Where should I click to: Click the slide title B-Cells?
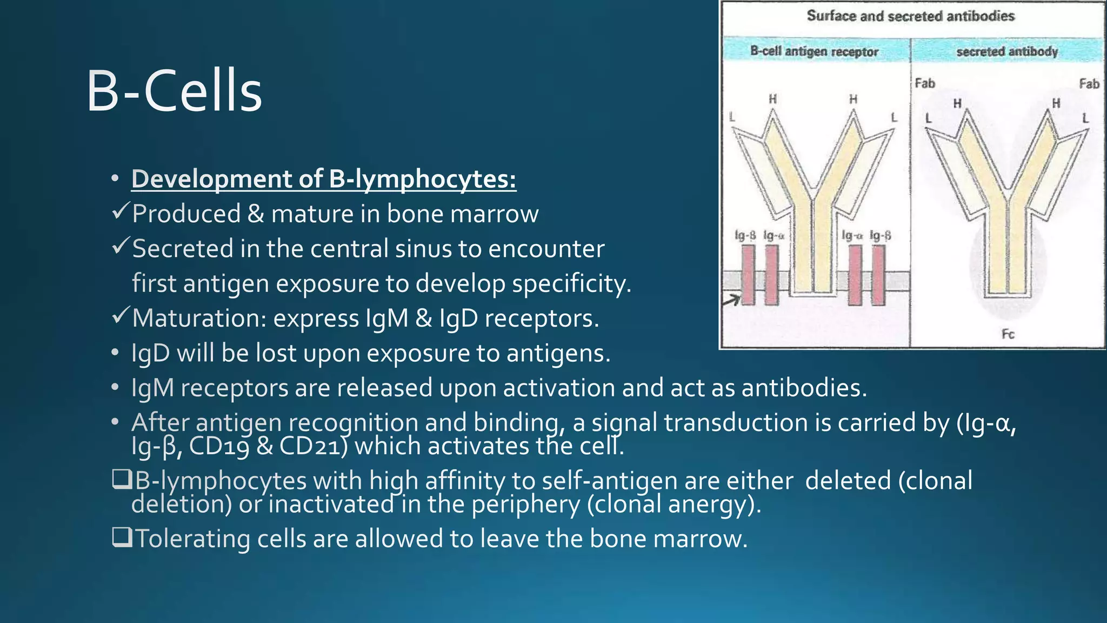[174, 91]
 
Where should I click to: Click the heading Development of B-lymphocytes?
[323, 179]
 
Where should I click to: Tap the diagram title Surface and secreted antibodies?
[911, 16]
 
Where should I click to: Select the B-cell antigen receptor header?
[814, 51]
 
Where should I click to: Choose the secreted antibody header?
[1007, 51]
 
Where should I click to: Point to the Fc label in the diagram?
[1008, 334]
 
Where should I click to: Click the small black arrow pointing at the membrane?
[731, 299]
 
